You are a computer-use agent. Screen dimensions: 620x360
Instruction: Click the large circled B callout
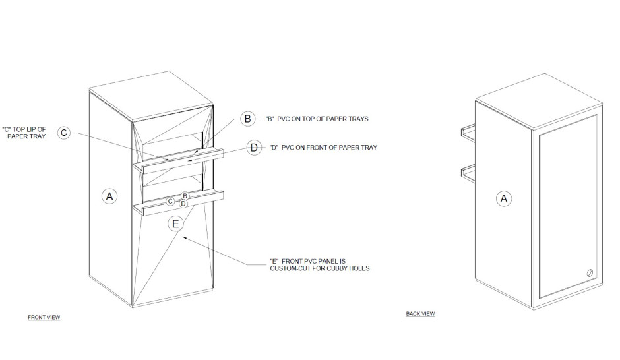pos(247,119)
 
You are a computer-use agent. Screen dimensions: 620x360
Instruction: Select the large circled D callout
pos(254,148)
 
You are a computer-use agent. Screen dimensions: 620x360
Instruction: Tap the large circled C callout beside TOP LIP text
pos(64,133)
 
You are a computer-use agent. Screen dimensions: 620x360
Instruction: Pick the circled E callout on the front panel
pos(175,224)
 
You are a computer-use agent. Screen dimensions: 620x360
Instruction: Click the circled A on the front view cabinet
pos(109,196)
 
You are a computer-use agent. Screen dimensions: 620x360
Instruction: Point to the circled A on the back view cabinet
pos(504,198)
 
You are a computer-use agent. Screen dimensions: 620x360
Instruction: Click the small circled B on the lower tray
pos(185,196)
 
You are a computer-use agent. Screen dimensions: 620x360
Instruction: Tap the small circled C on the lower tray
pos(170,202)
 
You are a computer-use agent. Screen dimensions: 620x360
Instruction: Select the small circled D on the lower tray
pos(183,204)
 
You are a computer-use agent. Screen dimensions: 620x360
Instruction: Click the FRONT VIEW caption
pos(44,317)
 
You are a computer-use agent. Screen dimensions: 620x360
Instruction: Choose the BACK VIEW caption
pos(420,313)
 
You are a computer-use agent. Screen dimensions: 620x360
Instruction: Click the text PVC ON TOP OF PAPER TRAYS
pos(323,119)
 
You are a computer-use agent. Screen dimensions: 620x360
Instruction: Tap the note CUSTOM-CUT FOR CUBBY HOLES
pos(320,268)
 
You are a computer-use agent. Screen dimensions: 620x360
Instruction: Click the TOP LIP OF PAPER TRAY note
pos(24,133)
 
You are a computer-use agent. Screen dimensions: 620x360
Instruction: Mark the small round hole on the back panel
pos(590,273)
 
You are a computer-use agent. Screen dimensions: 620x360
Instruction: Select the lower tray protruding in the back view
pos(468,173)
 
